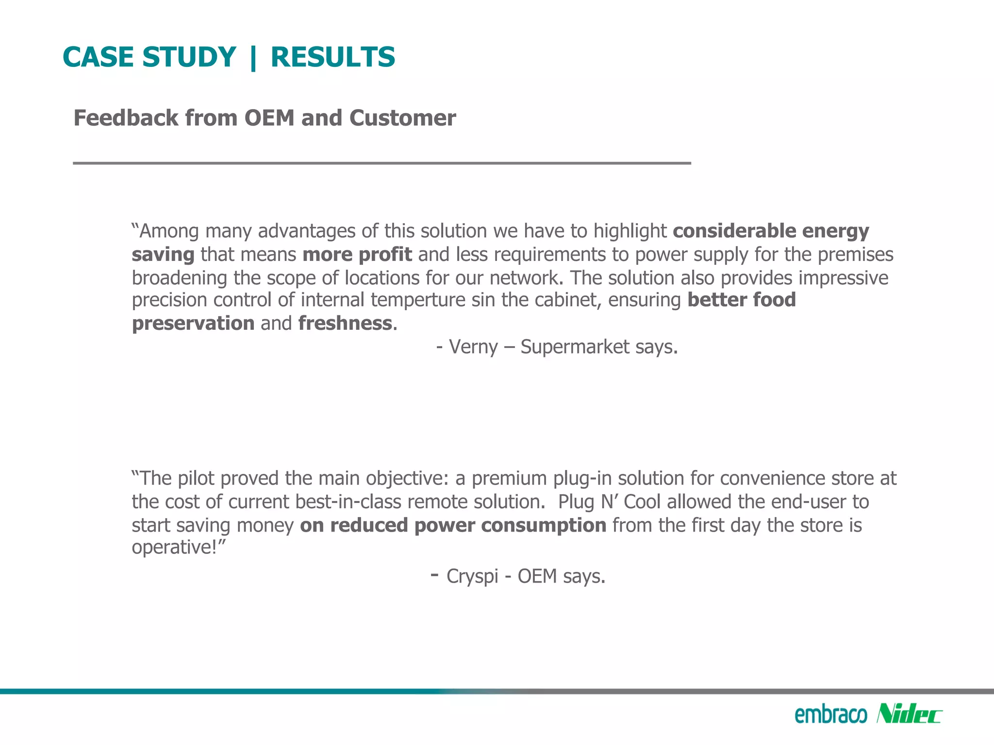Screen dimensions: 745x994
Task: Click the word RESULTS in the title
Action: point(333,57)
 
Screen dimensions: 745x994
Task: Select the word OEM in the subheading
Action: point(269,118)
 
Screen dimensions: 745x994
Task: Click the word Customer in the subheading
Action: point(402,118)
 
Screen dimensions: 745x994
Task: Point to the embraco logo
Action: point(830,714)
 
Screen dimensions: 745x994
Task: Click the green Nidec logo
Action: point(909,714)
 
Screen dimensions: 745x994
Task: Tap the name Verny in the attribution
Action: point(473,347)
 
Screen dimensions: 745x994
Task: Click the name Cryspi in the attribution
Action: point(472,576)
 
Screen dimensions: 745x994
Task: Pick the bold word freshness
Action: point(345,324)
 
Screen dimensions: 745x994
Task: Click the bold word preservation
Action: point(193,324)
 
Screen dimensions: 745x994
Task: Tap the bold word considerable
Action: point(734,231)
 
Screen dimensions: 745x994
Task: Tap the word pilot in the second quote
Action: point(196,478)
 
